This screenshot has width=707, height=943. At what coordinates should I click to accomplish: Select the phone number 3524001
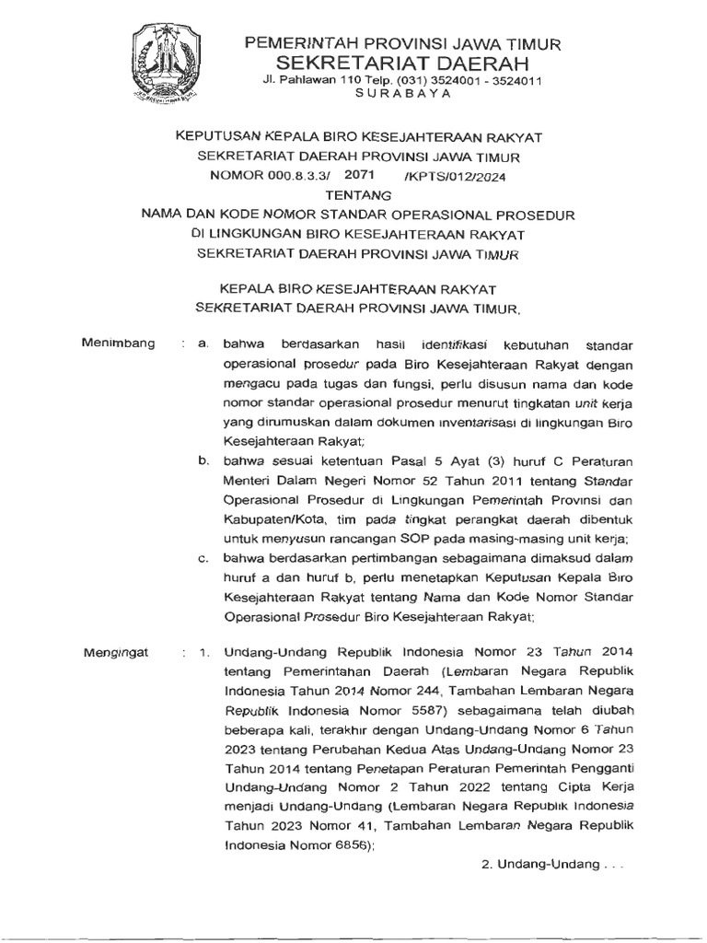(x=444, y=80)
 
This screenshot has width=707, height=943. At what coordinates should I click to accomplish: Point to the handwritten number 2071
(x=361, y=173)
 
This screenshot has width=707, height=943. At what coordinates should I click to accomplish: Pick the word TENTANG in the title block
(x=359, y=194)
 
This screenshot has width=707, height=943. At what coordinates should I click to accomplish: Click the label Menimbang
(x=118, y=343)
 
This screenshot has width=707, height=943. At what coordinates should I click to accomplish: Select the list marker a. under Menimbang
(x=204, y=343)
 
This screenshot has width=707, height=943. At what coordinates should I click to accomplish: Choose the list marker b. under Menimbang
(x=204, y=460)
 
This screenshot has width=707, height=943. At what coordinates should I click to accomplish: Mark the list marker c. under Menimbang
(x=204, y=558)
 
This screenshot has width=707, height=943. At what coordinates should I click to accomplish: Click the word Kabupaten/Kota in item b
(x=269, y=518)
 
